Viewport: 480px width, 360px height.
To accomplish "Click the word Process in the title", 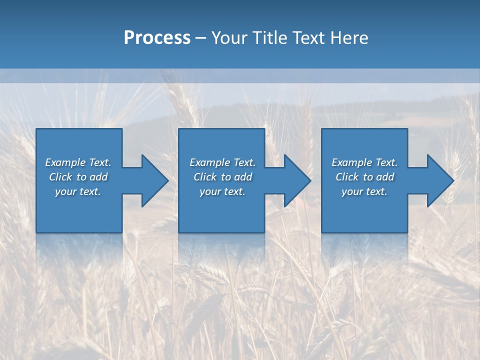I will click(157, 38).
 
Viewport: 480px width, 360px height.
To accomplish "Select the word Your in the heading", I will click(229, 38).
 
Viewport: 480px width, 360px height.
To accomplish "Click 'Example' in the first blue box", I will click(65, 162).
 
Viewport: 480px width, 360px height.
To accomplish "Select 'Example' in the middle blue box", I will click(209, 162).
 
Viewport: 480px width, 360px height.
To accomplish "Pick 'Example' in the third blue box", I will click(351, 162).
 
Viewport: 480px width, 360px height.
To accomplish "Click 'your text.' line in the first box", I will click(78, 191).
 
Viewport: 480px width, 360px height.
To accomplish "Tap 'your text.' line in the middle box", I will click(222, 191).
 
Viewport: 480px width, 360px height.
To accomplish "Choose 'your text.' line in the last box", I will click(364, 191).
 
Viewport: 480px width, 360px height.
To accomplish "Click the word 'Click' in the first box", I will click(60, 177).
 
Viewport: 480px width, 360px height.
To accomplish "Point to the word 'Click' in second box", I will click(205, 177).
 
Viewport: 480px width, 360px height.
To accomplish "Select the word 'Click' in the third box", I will click(347, 177).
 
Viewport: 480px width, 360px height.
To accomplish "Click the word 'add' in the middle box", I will click(243, 177).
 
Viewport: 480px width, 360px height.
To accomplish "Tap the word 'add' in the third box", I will click(385, 177).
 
